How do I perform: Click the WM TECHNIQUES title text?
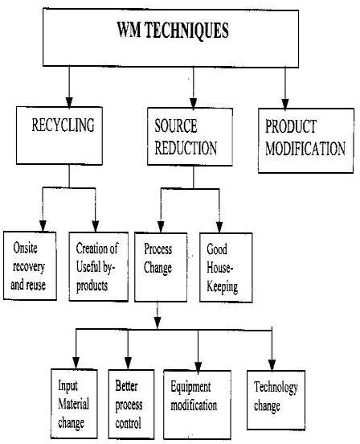pos(173,31)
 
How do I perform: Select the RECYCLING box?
pos(59,135)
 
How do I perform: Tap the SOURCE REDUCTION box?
pos(190,137)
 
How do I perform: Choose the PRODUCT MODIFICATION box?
pos(306,141)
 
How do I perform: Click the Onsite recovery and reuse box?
pos(30,266)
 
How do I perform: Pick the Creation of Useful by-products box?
pos(99,267)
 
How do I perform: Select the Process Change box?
pos(161,267)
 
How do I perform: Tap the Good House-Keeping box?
pos(226,268)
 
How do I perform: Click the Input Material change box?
pos(75,404)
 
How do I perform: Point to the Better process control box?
pos(132,405)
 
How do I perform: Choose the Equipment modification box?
pos(198,405)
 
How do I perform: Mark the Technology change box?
pos(276,401)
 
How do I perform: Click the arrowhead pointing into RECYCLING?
pos(69,102)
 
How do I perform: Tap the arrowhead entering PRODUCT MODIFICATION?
pos(285,104)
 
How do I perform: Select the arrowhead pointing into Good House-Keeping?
pos(219,228)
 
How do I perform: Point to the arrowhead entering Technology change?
pos(272,365)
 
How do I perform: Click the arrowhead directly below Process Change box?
pos(157,323)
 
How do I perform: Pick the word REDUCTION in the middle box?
pos(186,148)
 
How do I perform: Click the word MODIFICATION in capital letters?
pos(305,148)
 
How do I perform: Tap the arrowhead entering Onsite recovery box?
pos(43,226)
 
